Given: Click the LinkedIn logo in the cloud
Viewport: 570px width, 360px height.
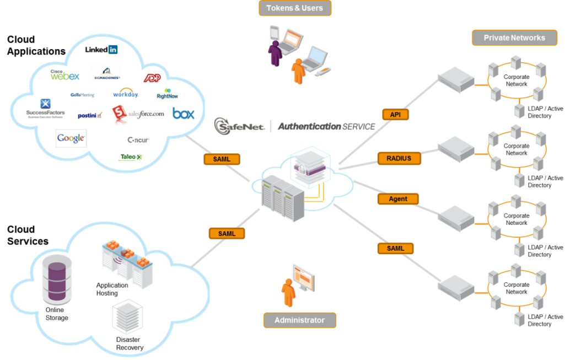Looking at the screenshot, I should [101, 50].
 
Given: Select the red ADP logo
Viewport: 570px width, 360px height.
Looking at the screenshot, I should [152, 78].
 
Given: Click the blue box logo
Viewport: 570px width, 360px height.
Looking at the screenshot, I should [183, 114].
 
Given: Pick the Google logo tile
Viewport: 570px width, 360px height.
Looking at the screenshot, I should [71, 138].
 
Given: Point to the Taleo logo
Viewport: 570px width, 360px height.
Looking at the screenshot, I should [131, 157].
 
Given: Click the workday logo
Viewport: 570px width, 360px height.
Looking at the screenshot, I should [125, 93].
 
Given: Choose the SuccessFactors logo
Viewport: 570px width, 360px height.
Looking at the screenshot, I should [45, 108].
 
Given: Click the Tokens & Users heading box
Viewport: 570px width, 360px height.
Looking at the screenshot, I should [295, 8].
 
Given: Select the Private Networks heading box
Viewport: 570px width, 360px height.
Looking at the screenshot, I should [514, 37].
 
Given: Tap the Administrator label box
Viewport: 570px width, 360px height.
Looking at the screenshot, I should [299, 320].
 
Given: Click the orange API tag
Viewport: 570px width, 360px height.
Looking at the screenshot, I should [395, 114].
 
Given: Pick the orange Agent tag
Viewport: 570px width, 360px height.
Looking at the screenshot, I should [398, 198].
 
